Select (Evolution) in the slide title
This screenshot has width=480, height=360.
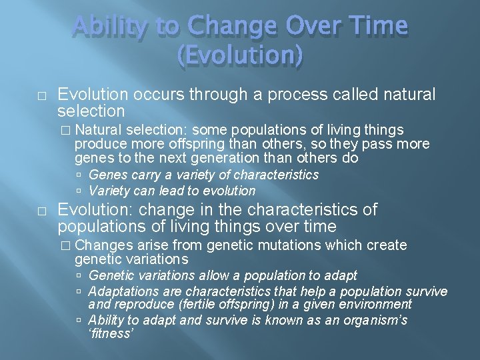coord(240,57)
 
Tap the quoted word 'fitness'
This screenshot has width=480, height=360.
coord(111,334)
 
